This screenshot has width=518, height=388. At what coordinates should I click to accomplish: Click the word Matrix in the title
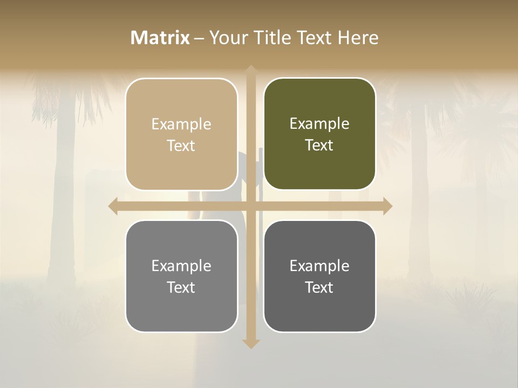(x=160, y=38)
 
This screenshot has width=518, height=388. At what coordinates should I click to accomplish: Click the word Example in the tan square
(x=181, y=124)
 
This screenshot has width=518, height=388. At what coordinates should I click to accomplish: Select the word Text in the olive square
(x=319, y=145)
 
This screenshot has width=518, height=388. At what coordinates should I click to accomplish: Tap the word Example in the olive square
(x=319, y=124)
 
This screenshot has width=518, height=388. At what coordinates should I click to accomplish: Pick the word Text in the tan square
(x=181, y=146)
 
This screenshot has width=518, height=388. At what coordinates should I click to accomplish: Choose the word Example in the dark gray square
(x=319, y=266)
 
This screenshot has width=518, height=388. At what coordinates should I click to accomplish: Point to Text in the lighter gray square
(x=181, y=288)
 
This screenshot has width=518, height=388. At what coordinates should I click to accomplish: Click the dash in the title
(x=199, y=38)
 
